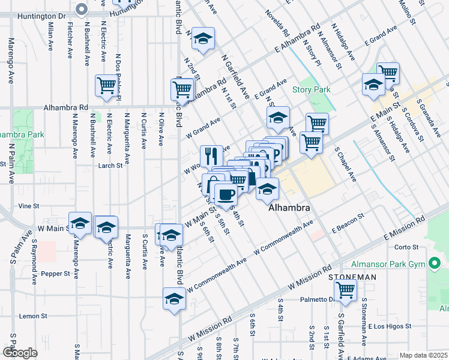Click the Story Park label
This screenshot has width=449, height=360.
312,90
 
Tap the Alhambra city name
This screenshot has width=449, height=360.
289,208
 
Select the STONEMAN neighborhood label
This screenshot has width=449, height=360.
352,277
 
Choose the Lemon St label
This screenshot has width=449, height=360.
33,316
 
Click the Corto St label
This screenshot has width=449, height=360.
406,247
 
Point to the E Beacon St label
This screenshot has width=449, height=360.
348,224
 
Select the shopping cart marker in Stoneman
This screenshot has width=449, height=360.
345,290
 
